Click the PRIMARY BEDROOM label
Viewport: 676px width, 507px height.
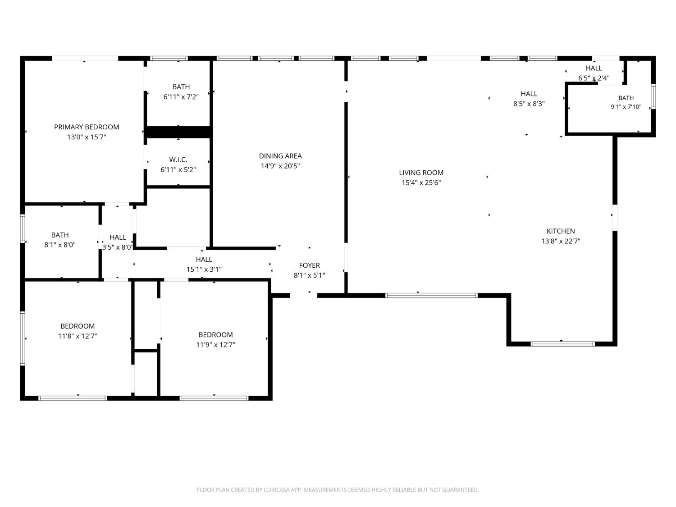click(x=87, y=127)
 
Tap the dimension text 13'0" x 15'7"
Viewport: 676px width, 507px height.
click(x=87, y=137)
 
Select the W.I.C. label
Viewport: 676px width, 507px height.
click(x=178, y=160)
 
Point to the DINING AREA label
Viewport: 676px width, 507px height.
click(x=280, y=156)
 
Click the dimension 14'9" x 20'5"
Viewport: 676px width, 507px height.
click(x=280, y=166)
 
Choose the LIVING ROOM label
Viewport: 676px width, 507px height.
click(x=421, y=173)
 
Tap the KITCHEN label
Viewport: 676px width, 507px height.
click(x=561, y=231)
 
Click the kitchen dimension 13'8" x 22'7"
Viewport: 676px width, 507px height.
click(x=561, y=241)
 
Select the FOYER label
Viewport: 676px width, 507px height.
click(x=309, y=265)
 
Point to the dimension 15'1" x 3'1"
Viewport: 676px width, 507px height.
click(x=204, y=269)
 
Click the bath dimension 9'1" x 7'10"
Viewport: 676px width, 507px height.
click(x=626, y=107)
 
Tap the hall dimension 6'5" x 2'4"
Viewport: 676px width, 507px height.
click(x=594, y=78)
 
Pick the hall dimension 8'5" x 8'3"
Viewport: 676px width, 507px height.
click(x=529, y=104)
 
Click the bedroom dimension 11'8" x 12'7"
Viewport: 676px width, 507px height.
click(x=78, y=336)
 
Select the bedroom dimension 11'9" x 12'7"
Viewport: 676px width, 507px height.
click(x=215, y=344)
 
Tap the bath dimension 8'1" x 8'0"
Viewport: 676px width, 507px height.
click(x=60, y=245)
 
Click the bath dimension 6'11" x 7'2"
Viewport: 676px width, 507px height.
click(x=181, y=96)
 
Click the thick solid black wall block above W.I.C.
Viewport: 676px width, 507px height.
click(x=178, y=132)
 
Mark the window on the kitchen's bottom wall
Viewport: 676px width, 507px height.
click(x=562, y=344)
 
